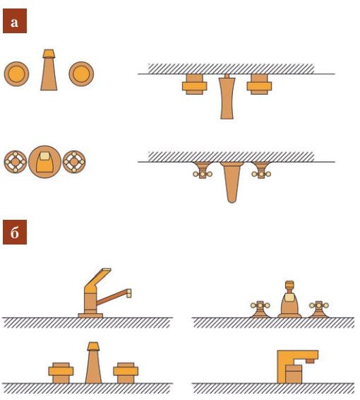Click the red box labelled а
[x=15, y=20]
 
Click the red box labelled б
[x=15, y=232]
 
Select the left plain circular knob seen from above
[x=16, y=74]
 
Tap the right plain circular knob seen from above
[x=81, y=74]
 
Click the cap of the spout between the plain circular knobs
[x=49, y=54]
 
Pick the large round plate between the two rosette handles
[x=45, y=162]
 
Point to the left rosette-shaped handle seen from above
[x=16, y=162]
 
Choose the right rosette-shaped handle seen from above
[x=74, y=162]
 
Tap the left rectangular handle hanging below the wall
[x=194, y=84]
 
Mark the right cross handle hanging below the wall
[x=261, y=170]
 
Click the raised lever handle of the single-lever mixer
[x=97, y=280]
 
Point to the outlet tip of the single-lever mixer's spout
[x=129, y=293]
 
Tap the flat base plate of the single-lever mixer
[x=90, y=316]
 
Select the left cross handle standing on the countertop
[x=260, y=309]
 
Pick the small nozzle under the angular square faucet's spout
[x=310, y=360]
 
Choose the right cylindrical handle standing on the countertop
[x=126, y=372]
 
